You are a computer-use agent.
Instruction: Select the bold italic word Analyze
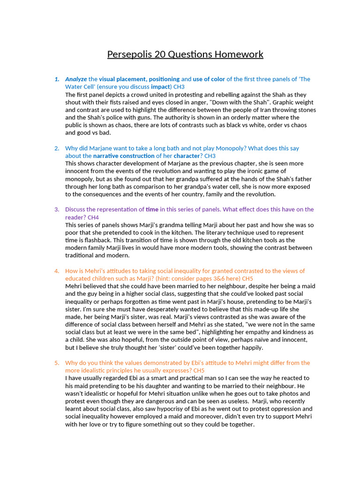click(76, 79)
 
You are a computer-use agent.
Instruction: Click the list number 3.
click(57, 209)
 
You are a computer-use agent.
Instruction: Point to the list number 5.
click(57, 363)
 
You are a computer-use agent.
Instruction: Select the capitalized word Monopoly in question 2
click(237, 148)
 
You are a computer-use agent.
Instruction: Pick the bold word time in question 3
click(152, 209)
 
